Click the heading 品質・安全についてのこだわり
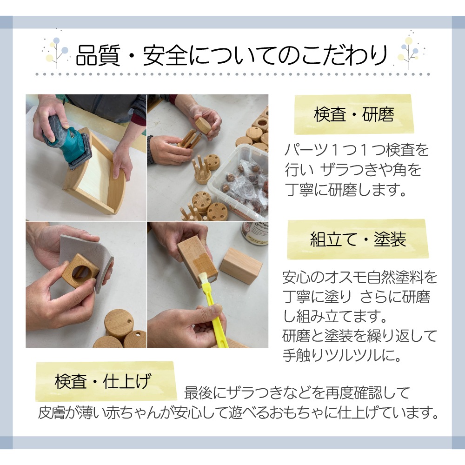point(232,55)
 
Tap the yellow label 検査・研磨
point(353,114)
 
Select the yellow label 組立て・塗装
point(358,239)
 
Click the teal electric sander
point(65,139)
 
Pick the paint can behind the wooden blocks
point(254,232)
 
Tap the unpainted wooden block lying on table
point(241,265)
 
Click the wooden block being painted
point(196,258)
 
